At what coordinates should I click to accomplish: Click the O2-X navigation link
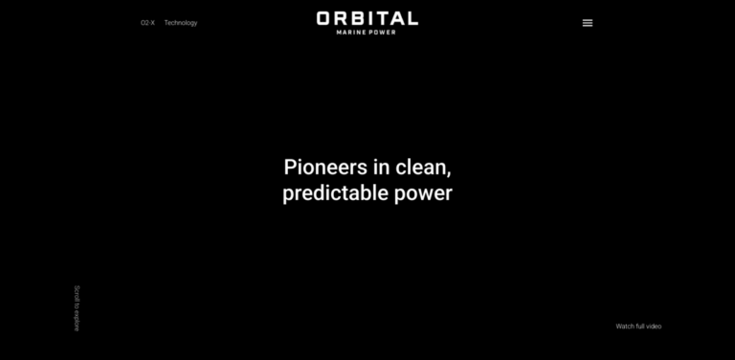click(x=147, y=23)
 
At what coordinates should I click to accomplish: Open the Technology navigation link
click(x=181, y=23)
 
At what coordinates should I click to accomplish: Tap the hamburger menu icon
click(x=588, y=23)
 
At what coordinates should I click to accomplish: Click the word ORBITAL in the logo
click(x=367, y=18)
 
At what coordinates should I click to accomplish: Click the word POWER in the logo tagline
click(x=382, y=32)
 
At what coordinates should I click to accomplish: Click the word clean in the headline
click(x=422, y=167)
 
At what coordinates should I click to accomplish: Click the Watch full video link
click(x=638, y=326)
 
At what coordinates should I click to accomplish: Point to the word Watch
click(x=625, y=326)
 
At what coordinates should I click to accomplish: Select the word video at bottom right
click(x=654, y=326)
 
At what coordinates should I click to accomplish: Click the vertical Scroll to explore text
click(x=77, y=307)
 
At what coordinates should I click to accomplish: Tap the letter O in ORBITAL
click(x=324, y=18)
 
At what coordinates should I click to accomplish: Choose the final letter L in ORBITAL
click(x=412, y=18)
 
